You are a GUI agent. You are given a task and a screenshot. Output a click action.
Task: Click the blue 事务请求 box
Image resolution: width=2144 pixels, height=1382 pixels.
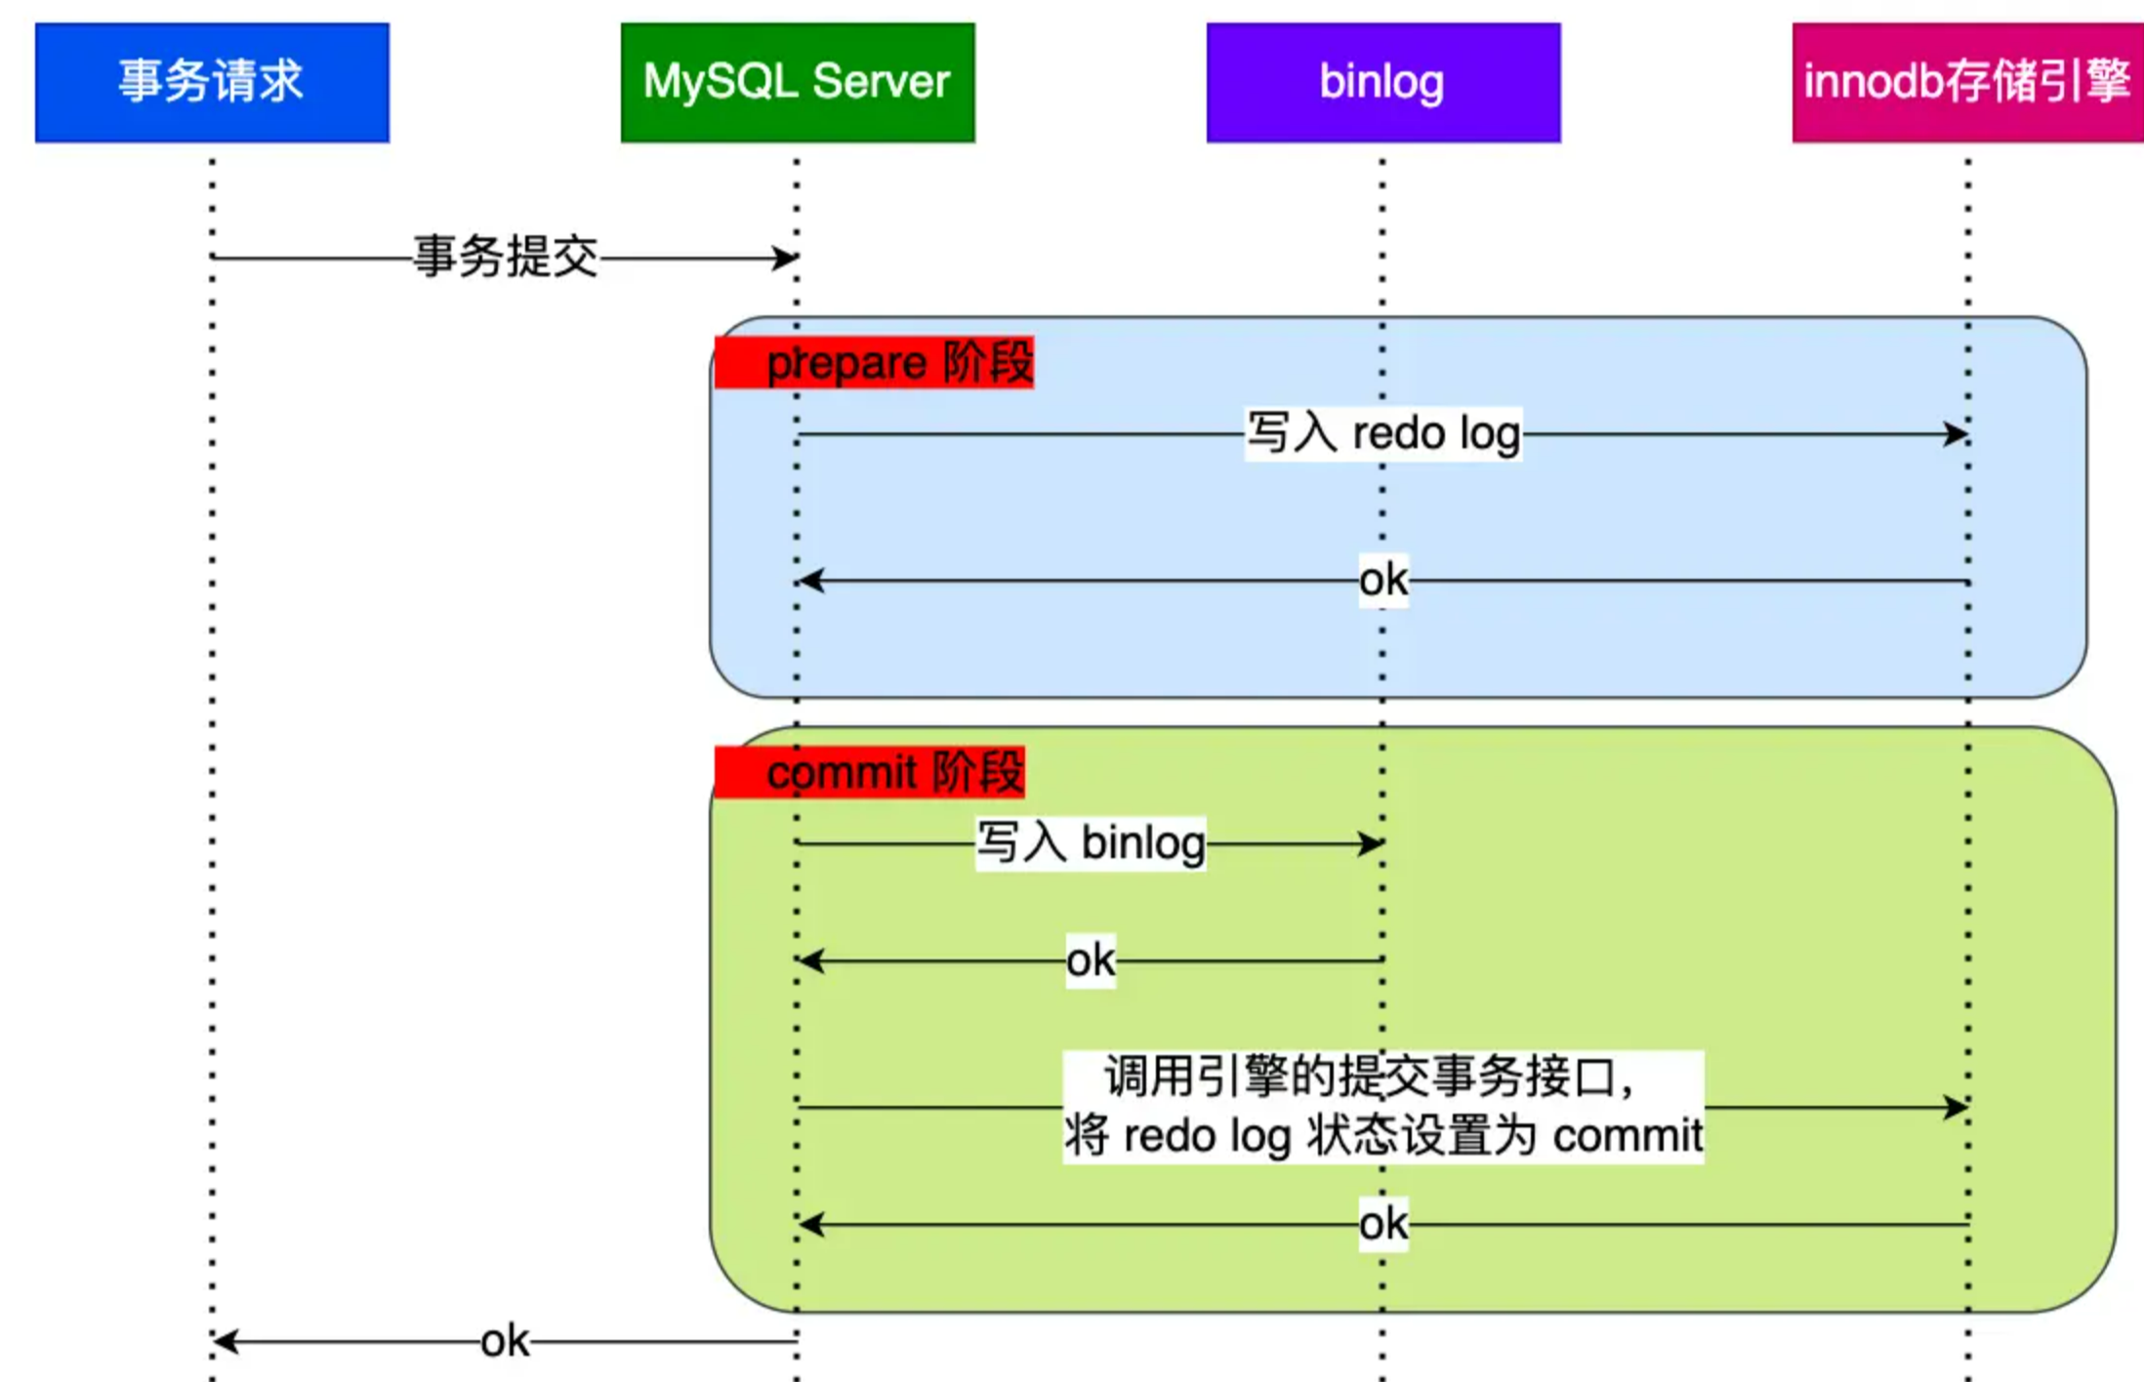tap(212, 83)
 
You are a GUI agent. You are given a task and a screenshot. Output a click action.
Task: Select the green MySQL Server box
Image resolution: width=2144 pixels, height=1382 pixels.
tap(798, 83)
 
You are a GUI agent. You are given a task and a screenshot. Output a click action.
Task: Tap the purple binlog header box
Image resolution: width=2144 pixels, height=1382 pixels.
tap(1383, 83)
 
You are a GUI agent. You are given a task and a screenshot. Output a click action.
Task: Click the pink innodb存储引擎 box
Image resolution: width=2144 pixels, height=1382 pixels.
tap(1968, 83)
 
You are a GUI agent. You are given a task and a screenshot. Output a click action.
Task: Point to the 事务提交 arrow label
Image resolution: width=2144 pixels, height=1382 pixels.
tap(506, 257)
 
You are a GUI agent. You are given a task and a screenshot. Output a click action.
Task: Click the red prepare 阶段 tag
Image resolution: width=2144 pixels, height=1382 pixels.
tap(874, 362)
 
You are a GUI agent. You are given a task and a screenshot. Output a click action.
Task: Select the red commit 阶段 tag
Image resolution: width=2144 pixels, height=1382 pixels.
tap(870, 772)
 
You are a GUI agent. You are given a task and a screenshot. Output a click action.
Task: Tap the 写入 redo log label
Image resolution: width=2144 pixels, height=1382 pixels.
tap(1383, 433)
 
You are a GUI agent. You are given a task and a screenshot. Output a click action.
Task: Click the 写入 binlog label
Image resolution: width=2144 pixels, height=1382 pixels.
tap(1091, 843)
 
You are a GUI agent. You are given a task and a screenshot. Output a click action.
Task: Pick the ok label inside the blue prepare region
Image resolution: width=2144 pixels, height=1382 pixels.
tap(1383, 580)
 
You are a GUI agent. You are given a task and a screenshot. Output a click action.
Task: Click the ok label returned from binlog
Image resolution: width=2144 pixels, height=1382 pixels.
tap(1091, 960)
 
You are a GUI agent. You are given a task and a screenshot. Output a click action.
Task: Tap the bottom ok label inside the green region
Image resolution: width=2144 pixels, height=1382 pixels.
tap(1383, 1224)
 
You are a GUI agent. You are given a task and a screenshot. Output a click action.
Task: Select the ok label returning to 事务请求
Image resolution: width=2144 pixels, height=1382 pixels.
tap(505, 1341)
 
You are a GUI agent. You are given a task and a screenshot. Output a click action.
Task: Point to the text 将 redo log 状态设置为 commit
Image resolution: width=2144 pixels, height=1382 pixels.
tap(1383, 1135)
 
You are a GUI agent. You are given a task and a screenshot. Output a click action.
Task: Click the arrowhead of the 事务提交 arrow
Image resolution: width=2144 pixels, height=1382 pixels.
tap(787, 258)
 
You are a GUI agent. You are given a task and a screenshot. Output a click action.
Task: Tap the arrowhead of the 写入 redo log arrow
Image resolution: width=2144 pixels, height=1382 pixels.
tap(1957, 433)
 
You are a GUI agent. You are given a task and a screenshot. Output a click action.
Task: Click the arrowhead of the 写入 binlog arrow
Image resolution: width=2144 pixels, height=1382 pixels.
tap(1372, 843)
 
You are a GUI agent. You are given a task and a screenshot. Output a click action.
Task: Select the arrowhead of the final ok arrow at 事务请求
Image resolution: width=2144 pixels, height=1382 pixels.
tap(225, 1341)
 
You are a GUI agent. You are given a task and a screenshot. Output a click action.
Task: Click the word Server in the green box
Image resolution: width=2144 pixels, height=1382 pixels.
tap(881, 81)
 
